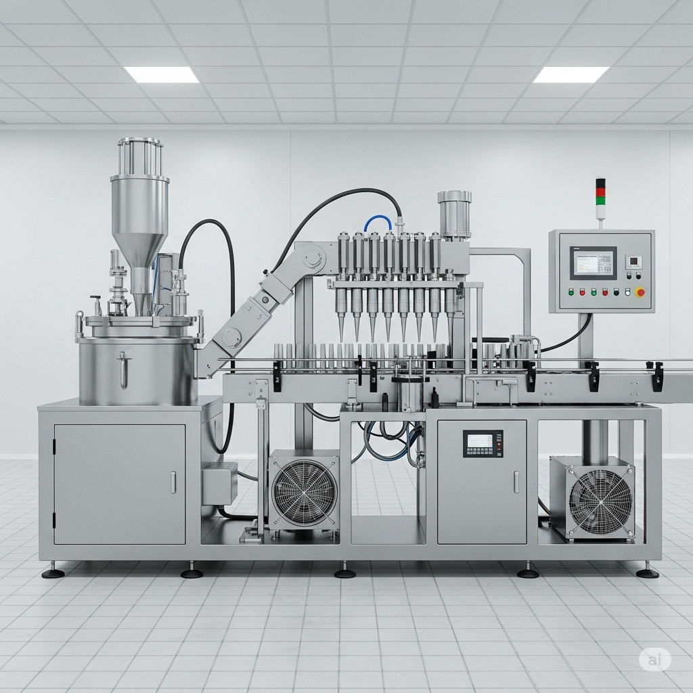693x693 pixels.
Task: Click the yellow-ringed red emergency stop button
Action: point(640,292)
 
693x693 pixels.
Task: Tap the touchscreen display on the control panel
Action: point(593,263)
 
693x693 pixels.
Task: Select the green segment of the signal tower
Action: point(600,200)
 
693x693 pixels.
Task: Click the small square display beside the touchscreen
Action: point(633,262)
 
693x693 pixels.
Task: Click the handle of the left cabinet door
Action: point(173,482)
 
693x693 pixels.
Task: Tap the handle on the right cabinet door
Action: point(516,481)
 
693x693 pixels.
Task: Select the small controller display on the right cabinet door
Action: point(483,443)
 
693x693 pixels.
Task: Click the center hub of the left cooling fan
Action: point(304,492)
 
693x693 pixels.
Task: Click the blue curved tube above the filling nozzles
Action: point(378,221)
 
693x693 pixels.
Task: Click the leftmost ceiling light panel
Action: point(161,74)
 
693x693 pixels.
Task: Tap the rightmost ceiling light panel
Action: point(571,74)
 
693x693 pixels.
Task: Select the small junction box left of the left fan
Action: point(219,483)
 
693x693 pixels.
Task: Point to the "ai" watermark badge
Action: point(654,658)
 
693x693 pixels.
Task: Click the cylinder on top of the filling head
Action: point(454,214)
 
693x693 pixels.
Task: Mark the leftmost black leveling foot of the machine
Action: point(53,573)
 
